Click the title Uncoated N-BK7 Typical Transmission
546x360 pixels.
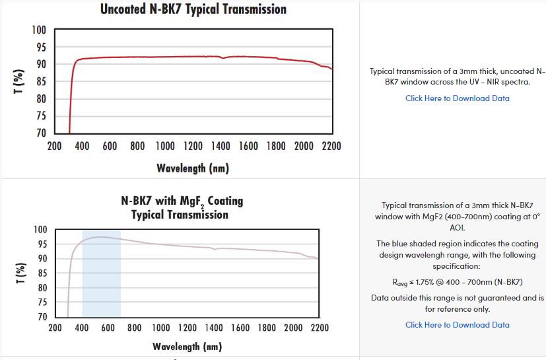[x=193, y=9]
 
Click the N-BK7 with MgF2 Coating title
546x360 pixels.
[x=182, y=201]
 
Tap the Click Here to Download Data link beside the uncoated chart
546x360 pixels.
[x=457, y=98]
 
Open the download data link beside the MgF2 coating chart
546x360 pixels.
[x=457, y=324]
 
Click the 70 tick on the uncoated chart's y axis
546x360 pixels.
[x=41, y=133]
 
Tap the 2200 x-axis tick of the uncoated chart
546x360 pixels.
[x=331, y=146]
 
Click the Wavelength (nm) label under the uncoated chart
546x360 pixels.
[x=193, y=168]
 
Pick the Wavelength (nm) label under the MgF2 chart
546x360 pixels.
[x=188, y=346]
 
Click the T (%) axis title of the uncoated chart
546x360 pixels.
[x=20, y=82]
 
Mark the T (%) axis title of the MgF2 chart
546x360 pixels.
[x=20, y=273]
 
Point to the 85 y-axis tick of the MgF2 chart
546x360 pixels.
[x=41, y=273]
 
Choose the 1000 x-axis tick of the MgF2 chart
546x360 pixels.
[x=161, y=328]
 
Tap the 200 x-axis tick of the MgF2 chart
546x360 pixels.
[x=55, y=328]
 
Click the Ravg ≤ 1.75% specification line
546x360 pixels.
[x=458, y=282]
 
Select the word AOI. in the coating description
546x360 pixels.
[x=458, y=227]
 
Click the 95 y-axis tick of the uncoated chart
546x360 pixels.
[x=41, y=48]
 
